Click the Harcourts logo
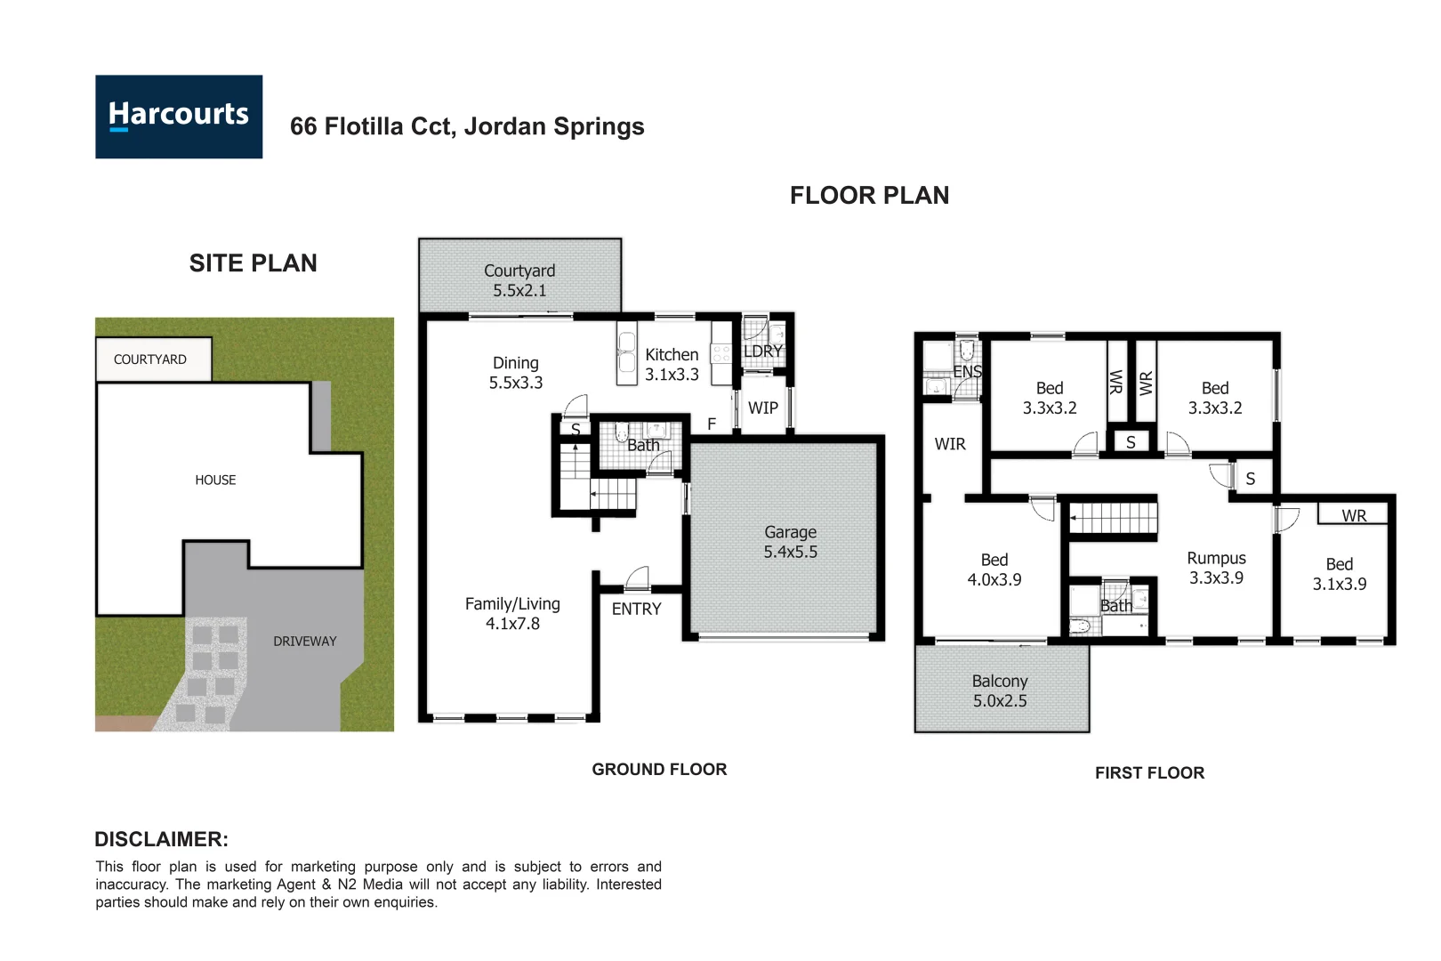[x=179, y=117]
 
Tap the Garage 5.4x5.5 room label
[x=790, y=542]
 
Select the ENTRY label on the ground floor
[x=636, y=610]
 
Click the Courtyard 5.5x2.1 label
[x=519, y=280]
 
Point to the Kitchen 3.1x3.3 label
[x=672, y=365]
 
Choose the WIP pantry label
[x=762, y=408]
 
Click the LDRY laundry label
[x=762, y=351]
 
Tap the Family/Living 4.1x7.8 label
[x=512, y=614]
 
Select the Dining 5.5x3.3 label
[x=516, y=373]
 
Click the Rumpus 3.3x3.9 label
[x=1216, y=568]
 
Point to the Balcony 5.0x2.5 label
[x=999, y=690]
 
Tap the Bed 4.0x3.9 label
[x=994, y=569]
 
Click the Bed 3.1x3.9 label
[x=1339, y=574]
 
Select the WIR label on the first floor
[x=949, y=444]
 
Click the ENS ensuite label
[x=967, y=372]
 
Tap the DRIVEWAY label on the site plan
[x=304, y=642]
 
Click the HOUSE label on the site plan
[x=215, y=480]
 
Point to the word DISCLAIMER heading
[x=161, y=839]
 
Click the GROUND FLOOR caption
[x=659, y=770]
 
